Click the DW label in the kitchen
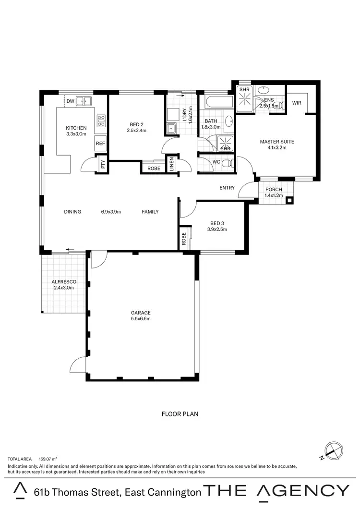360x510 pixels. point(70,101)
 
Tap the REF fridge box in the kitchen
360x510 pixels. point(100,143)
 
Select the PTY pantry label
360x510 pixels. point(103,165)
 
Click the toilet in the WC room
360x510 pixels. point(231,163)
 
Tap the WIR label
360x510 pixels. point(297,103)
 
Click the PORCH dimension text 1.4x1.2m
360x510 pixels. point(274,196)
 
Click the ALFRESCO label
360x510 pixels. point(64,281)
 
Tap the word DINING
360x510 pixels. point(72,212)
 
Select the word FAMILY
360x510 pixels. point(150,212)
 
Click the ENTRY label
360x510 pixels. point(227,188)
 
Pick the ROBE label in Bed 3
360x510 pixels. point(183,238)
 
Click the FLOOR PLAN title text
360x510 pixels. point(180,413)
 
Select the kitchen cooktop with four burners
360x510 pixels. point(101,121)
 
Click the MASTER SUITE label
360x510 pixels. point(276,142)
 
